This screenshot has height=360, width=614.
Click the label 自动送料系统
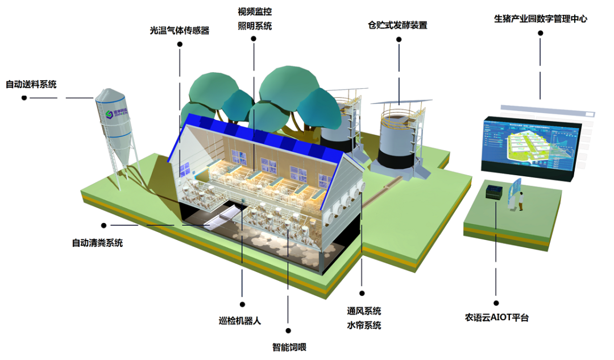click(x=31, y=85)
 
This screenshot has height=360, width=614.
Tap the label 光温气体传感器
click(x=179, y=31)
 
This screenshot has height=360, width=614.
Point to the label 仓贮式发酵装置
click(x=397, y=25)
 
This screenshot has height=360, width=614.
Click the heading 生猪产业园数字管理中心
click(x=540, y=19)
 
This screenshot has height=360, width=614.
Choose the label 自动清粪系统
click(x=97, y=243)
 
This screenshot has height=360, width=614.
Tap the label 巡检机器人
click(x=239, y=320)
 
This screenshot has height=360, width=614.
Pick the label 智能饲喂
click(x=289, y=347)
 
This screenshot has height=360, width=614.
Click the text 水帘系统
click(x=364, y=325)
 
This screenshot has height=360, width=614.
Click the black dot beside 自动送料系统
click(x=24, y=98)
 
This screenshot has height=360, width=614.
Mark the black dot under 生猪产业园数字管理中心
click(x=540, y=34)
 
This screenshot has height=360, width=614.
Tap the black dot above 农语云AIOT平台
click(x=496, y=304)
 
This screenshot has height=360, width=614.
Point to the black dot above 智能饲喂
click(x=288, y=330)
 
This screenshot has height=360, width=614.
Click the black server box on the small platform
click(x=495, y=192)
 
